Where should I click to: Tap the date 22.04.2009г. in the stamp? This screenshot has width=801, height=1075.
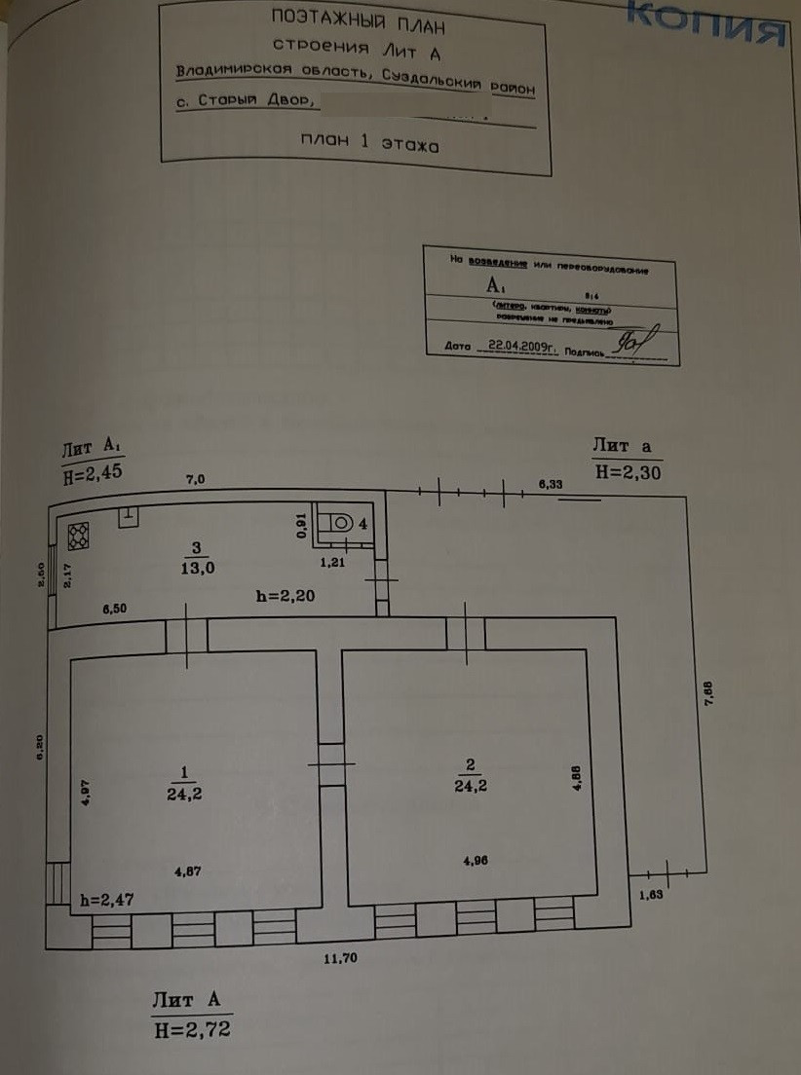[521, 345]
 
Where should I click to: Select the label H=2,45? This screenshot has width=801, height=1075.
[94, 477]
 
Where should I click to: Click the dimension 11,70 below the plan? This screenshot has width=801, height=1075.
[342, 958]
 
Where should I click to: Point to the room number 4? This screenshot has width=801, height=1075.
[362, 523]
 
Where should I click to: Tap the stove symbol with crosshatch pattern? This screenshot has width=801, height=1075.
[78, 533]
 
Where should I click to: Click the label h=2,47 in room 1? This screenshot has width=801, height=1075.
[107, 900]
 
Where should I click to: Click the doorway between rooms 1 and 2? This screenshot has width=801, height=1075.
[331, 764]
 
